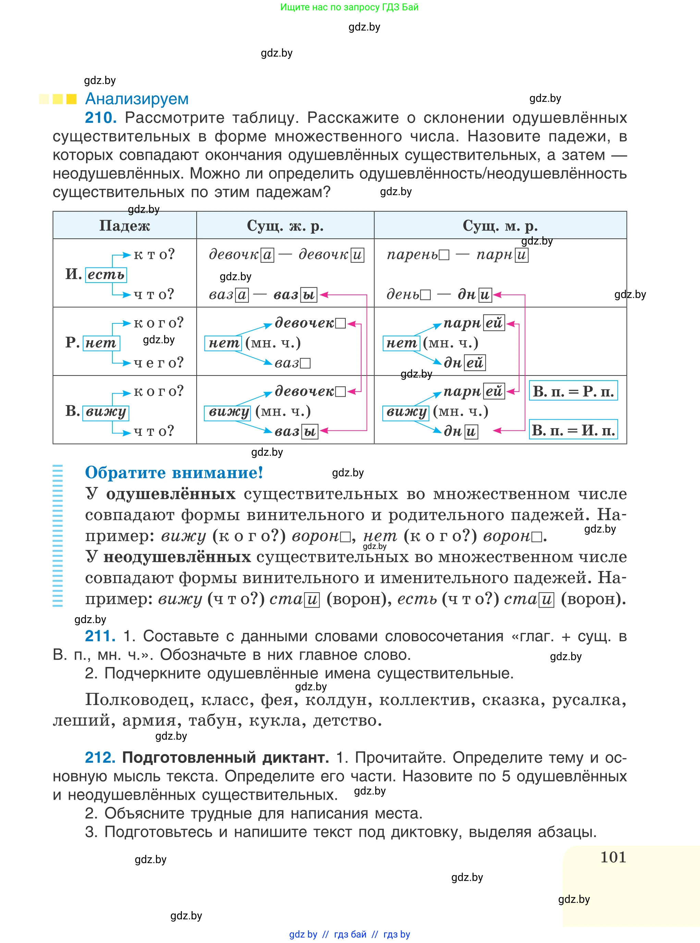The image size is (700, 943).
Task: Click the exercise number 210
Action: coord(100,118)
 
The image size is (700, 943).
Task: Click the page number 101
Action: coord(613,857)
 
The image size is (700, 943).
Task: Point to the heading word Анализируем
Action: coord(136,99)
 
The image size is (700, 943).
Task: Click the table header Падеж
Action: coord(125,226)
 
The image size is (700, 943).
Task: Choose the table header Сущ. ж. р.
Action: coord(285,226)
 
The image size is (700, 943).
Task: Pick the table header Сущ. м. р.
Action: coord(500,226)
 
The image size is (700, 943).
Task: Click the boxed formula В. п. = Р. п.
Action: coord(573,391)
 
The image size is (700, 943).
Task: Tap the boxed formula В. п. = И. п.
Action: coord(573,430)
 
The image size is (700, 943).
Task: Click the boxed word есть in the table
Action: coord(106,275)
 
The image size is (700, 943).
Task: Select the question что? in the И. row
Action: coord(153,294)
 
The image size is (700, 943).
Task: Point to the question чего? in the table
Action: coord(159,362)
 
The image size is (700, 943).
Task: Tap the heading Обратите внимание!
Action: coord(174,472)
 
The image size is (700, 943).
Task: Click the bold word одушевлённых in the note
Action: coord(171,494)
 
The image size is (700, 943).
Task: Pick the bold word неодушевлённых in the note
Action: coord(177,557)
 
